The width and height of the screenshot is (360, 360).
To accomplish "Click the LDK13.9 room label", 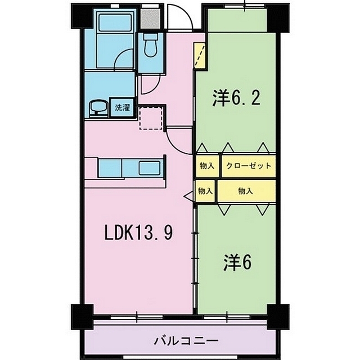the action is click(x=138, y=232).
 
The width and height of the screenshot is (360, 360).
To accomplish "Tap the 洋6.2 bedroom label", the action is click(x=236, y=97).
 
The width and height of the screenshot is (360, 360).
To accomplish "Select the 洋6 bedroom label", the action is click(x=237, y=263).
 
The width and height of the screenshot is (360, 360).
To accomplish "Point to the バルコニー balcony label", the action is click(x=186, y=341).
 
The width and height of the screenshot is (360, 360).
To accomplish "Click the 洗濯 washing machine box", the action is click(x=123, y=107).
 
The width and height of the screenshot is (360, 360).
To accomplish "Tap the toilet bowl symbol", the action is click(x=150, y=45).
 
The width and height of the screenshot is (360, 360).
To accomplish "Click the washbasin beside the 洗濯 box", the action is click(x=98, y=108).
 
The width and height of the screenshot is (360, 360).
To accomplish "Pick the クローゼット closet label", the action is click(x=249, y=165).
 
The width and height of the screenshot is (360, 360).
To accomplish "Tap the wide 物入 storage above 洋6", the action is click(x=246, y=191).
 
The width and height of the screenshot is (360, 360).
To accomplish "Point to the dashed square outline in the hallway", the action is click(x=151, y=118).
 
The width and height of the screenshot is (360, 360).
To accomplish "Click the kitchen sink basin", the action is click(x=150, y=168).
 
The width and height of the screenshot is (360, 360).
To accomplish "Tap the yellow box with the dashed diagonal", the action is click(x=200, y=55).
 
